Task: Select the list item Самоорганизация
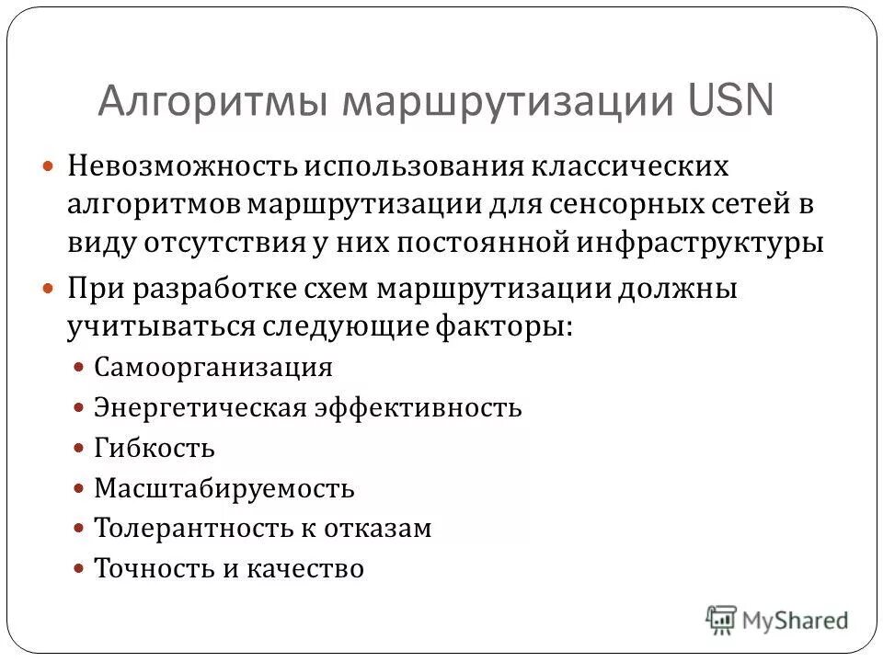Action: [x=213, y=368]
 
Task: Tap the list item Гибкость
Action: [x=155, y=448]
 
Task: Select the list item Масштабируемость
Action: [x=224, y=488]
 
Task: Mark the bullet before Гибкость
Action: [x=79, y=448]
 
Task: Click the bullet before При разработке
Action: [x=52, y=289]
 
